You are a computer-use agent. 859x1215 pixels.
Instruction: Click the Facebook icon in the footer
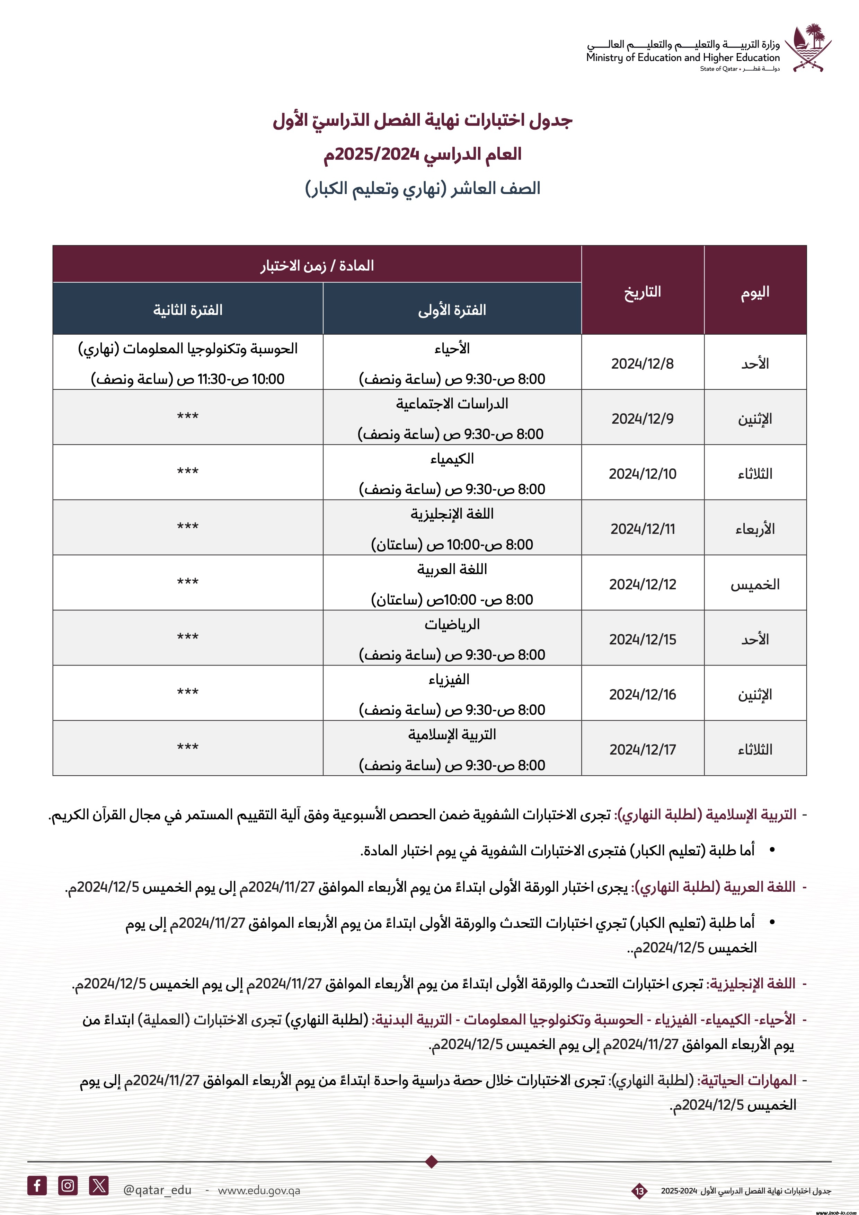37,1185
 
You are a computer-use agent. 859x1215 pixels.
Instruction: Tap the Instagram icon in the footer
68,1185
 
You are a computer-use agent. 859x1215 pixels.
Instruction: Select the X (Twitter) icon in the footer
99,1185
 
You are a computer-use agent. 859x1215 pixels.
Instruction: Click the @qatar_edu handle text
157,1190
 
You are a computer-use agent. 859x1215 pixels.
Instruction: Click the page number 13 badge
639,1191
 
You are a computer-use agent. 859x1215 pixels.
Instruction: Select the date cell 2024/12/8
642,363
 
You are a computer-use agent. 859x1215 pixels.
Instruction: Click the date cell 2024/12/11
642,529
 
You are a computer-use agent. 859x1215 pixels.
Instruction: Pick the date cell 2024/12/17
642,749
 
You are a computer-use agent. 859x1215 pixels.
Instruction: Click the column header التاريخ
642,292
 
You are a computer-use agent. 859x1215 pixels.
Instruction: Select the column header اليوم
755,292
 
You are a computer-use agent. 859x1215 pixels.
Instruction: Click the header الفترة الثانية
188,310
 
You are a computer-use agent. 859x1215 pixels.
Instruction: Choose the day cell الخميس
755,584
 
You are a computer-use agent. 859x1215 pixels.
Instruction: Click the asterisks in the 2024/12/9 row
188,417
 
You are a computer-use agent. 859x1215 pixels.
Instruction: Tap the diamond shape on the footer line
432,1162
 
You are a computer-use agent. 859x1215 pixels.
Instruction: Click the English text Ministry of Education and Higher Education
682,58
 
